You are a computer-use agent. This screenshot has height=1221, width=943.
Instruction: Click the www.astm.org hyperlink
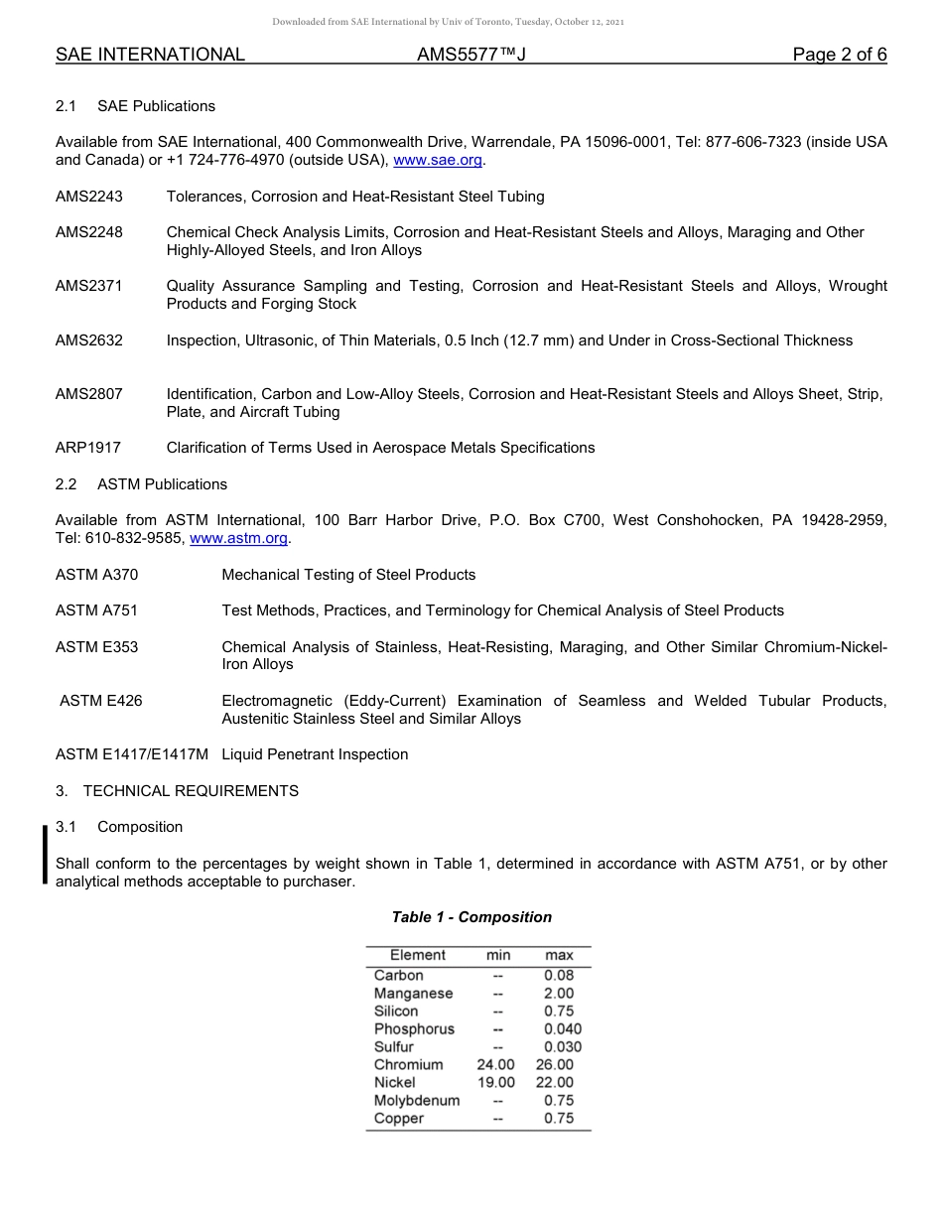(238, 538)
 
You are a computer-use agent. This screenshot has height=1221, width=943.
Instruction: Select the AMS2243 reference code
(89, 197)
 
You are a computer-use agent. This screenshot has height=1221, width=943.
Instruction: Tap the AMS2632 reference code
(89, 340)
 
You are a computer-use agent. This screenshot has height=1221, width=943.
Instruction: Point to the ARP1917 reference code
(88, 448)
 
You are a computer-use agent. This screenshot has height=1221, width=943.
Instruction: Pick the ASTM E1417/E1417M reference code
(132, 754)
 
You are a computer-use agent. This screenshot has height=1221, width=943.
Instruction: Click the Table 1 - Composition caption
(471, 917)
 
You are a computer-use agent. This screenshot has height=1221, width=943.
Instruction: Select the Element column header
(418, 955)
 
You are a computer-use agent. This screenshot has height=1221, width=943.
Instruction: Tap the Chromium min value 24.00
(496, 1065)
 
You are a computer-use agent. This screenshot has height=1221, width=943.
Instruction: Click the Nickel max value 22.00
(555, 1083)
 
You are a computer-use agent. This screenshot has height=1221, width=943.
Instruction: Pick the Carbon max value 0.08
(559, 976)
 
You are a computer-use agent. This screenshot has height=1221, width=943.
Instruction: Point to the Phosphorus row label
(414, 1029)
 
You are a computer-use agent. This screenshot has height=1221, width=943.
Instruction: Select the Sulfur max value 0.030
(563, 1047)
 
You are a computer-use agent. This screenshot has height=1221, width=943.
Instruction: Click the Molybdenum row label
(417, 1101)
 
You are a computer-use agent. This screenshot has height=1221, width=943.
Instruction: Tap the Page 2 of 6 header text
(840, 55)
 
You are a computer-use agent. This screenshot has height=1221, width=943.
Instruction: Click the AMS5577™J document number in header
(471, 55)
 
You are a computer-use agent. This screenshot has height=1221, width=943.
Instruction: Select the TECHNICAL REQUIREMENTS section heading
(191, 791)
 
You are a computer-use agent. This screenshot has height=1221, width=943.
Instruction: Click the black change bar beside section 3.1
(45, 854)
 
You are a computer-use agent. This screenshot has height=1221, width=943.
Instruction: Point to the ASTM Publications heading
(162, 484)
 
